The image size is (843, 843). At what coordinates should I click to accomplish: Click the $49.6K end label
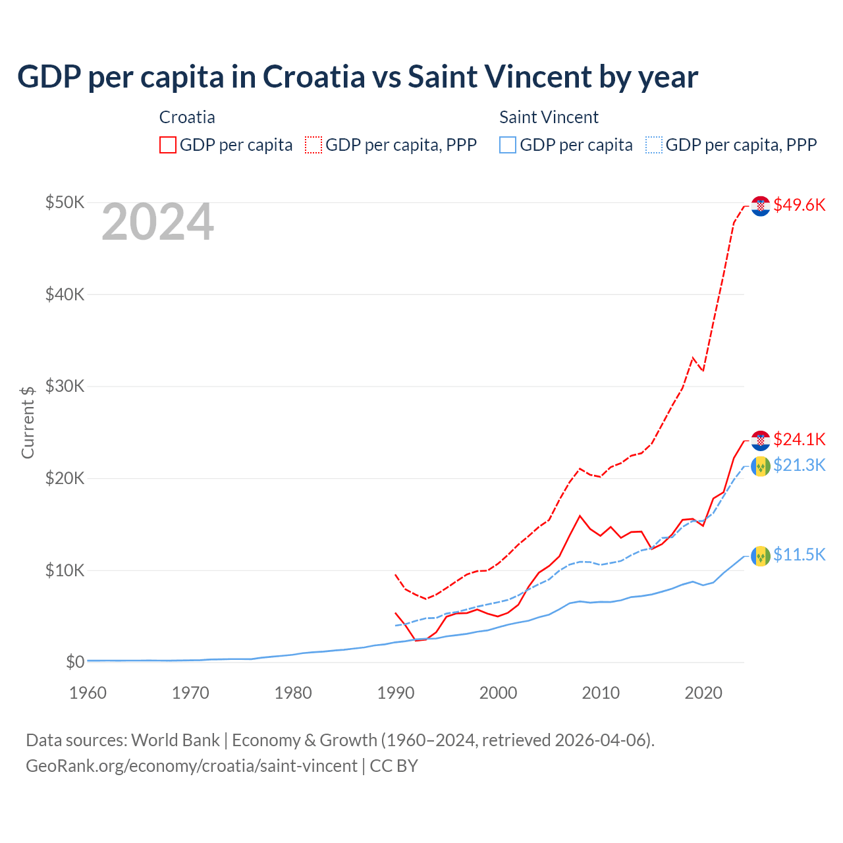pyautogui.click(x=799, y=205)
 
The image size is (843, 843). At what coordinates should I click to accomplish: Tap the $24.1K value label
pyautogui.click(x=799, y=439)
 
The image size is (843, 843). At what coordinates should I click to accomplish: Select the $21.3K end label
pyautogui.click(x=799, y=466)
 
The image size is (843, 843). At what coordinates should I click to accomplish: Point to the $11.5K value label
pyautogui.click(x=799, y=555)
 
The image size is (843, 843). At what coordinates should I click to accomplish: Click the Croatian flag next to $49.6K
pyautogui.click(x=761, y=205)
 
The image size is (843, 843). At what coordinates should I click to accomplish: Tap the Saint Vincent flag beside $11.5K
pyautogui.click(x=761, y=556)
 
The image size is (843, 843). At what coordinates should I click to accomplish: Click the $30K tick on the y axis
pyautogui.click(x=65, y=386)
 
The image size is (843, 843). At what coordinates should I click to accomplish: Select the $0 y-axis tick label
pyautogui.click(x=75, y=662)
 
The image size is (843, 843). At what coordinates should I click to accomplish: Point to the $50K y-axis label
pyautogui.click(x=65, y=202)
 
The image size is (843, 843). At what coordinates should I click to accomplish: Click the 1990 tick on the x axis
pyautogui.click(x=396, y=693)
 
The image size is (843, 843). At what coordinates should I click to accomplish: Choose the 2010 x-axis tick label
pyautogui.click(x=601, y=693)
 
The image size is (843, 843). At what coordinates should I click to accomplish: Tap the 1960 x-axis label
pyautogui.click(x=88, y=693)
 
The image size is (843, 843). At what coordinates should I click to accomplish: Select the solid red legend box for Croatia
pyautogui.click(x=168, y=145)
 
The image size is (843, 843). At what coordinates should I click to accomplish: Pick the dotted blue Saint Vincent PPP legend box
pyautogui.click(x=654, y=145)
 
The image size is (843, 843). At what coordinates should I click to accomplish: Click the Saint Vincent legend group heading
pyautogui.click(x=549, y=117)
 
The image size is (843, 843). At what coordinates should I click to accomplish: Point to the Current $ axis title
pyautogui.click(x=28, y=421)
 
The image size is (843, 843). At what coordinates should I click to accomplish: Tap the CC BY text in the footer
pyautogui.click(x=394, y=766)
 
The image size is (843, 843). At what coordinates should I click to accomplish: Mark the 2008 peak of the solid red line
pyautogui.click(x=580, y=516)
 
